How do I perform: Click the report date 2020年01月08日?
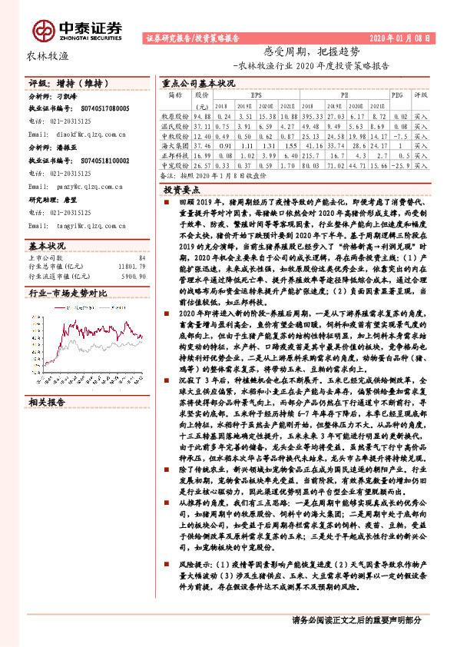pyautogui.click(x=401, y=38)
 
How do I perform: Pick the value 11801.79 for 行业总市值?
pyautogui.click(x=130, y=245)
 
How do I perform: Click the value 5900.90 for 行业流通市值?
pyautogui.click(x=133, y=254)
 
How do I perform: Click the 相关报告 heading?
pyautogui.click(x=48, y=381)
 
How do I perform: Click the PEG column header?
pyautogui.click(x=397, y=94)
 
